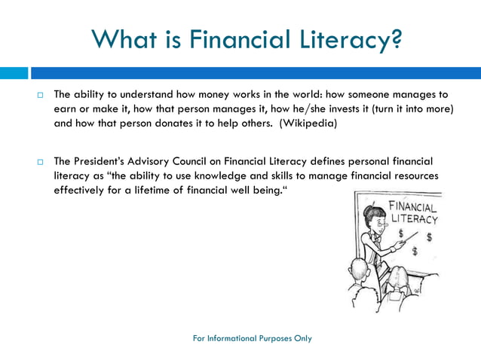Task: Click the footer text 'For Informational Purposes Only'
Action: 252,338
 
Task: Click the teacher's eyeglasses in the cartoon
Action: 381,222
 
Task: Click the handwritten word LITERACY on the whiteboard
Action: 413,218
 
